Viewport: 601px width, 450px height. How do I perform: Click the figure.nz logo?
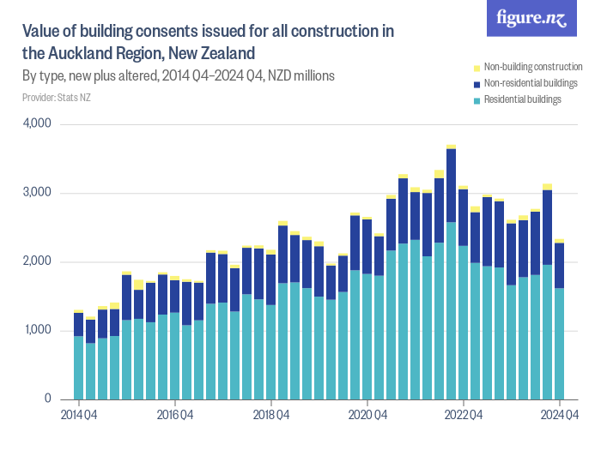tap(531, 19)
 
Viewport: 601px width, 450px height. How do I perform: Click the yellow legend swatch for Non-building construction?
tap(477, 67)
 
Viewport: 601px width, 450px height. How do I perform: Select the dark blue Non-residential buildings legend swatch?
tap(477, 84)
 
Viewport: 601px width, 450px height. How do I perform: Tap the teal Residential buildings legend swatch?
tap(477, 100)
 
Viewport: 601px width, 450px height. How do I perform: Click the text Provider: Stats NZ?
tap(57, 98)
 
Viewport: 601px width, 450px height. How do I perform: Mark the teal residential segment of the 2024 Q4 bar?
tap(560, 343)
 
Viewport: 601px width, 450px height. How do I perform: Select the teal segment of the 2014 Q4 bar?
tap(79, 369)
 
